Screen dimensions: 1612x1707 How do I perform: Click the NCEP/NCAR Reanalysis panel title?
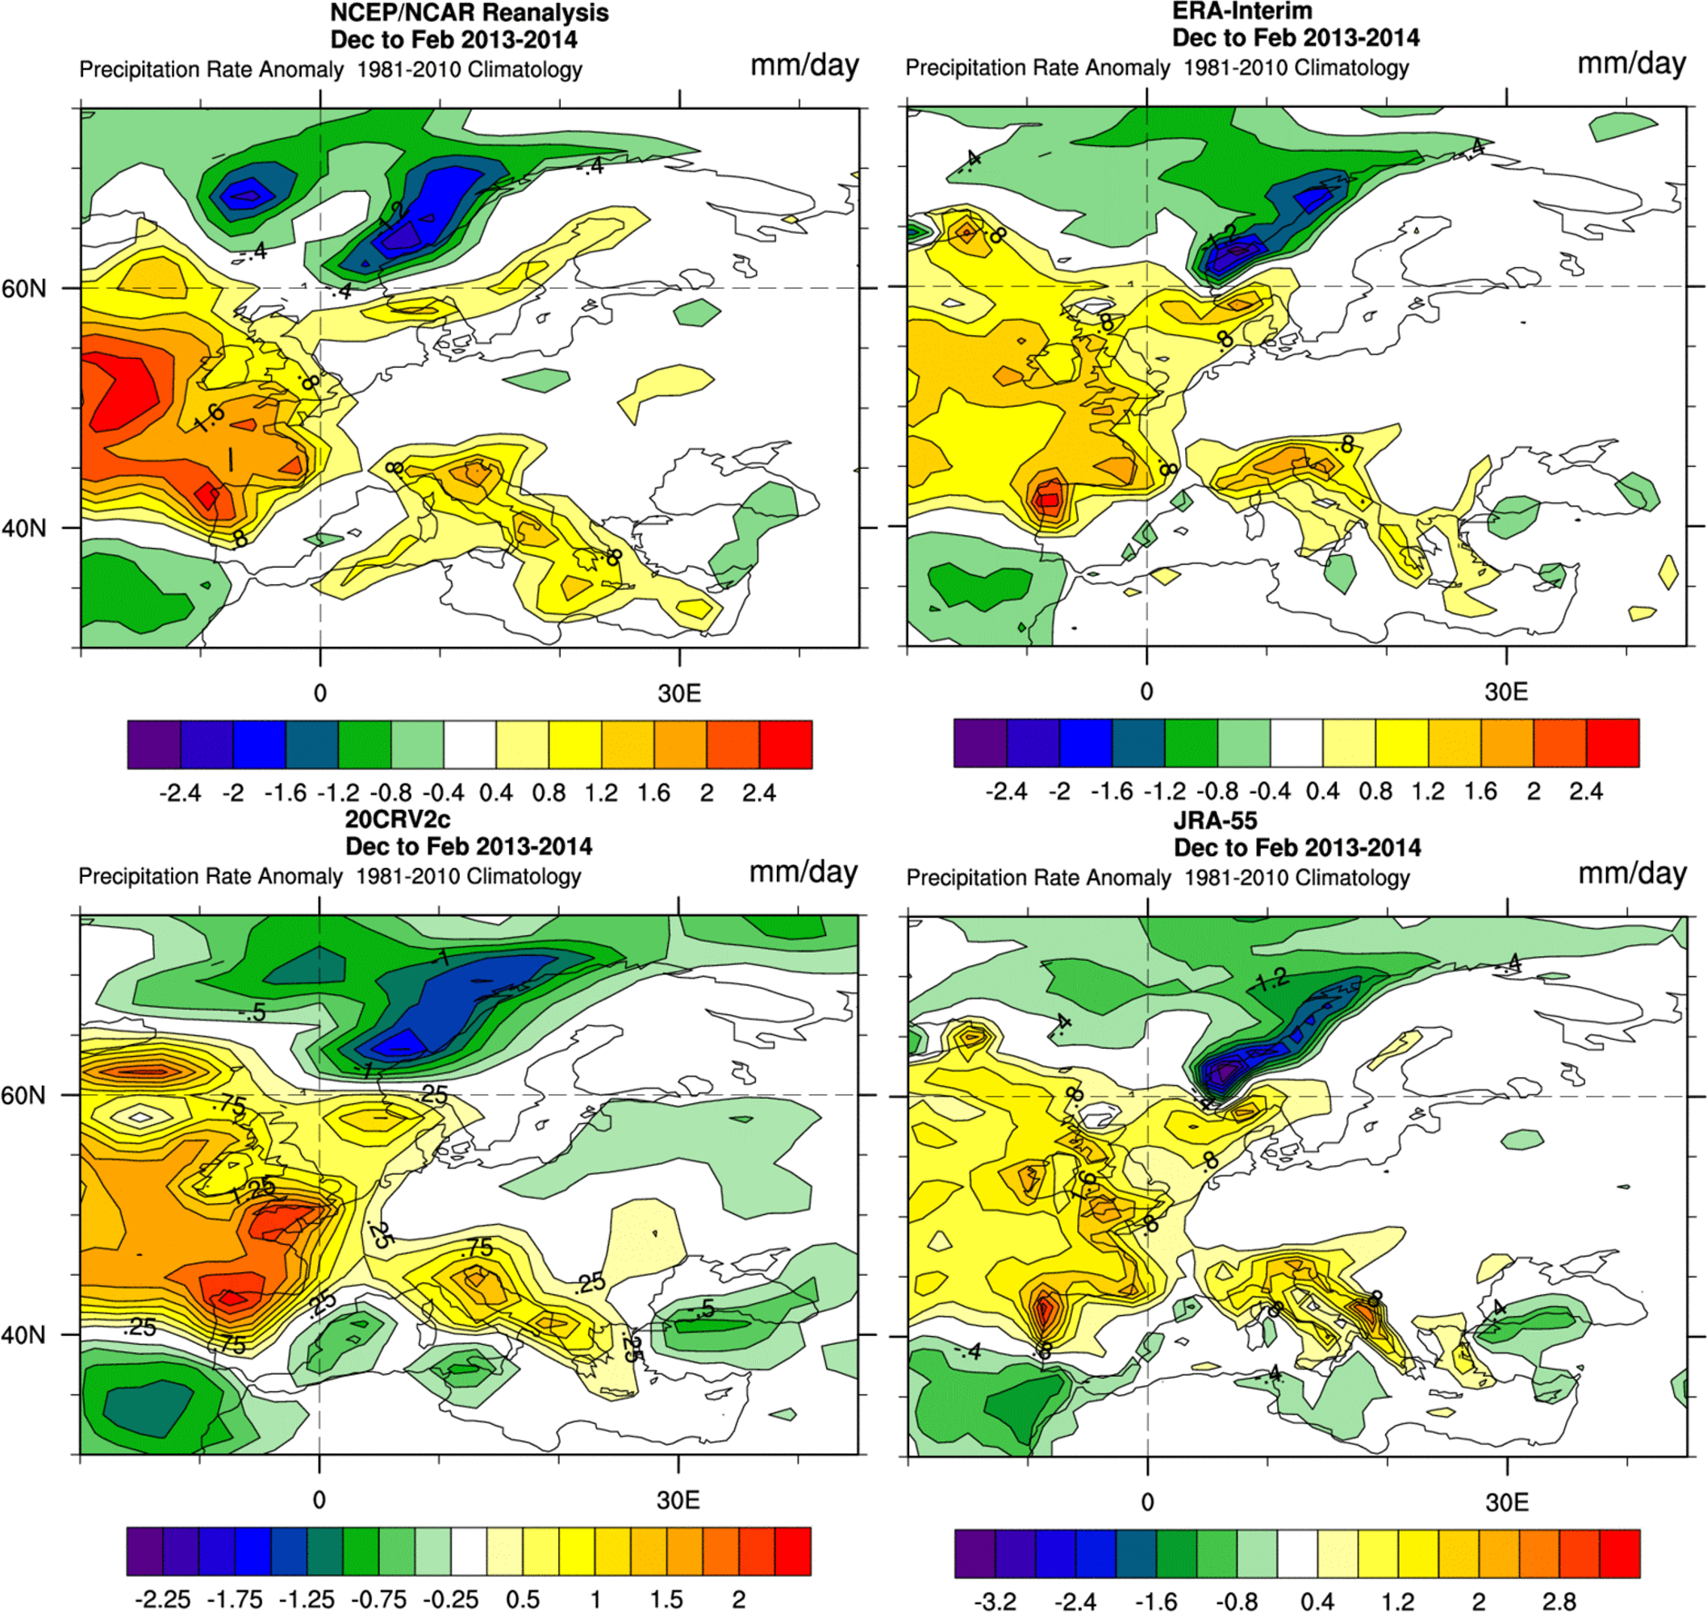(469, 13)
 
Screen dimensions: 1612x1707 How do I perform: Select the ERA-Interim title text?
(1242, 11)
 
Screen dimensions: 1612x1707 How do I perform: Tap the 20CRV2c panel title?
(397, 819)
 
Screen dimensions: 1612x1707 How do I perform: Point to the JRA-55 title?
(1215, 821)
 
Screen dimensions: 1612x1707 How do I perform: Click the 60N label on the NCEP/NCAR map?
(24, 289)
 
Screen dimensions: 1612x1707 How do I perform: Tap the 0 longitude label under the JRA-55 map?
(1147, 1502)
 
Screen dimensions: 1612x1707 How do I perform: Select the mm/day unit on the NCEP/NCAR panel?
(804, 65)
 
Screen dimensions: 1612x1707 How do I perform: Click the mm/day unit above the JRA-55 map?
(1632, 874)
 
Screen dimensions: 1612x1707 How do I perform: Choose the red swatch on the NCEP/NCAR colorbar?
(785, 744)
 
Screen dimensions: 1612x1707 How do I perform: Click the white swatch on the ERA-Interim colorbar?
(1296, 742)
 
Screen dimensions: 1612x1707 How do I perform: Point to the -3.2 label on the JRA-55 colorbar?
(995, 1601)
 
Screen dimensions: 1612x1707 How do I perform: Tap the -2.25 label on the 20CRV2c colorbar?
(163, 1599)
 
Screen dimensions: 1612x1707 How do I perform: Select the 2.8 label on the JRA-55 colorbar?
(1559, 1601)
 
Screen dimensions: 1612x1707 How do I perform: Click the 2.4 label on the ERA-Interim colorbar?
(1585, 791)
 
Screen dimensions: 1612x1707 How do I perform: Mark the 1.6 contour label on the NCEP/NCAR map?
(209, 419)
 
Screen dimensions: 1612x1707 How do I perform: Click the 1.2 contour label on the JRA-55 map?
(1271, 978)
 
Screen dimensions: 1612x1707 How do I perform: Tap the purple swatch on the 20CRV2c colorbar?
(144, 1551)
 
